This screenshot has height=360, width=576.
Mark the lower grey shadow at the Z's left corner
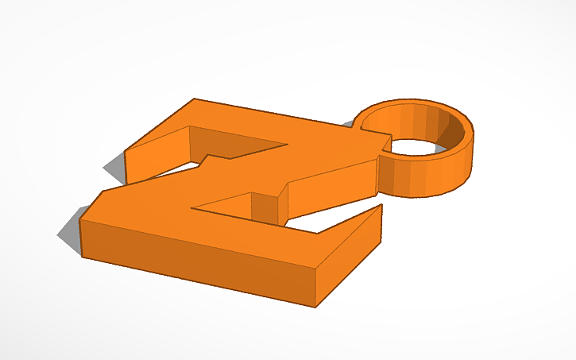click(x=69, y=231)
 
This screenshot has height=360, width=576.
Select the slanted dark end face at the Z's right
click(x=350, y=258)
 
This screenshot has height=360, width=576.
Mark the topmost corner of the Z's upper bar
click(x=195, y=99)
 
